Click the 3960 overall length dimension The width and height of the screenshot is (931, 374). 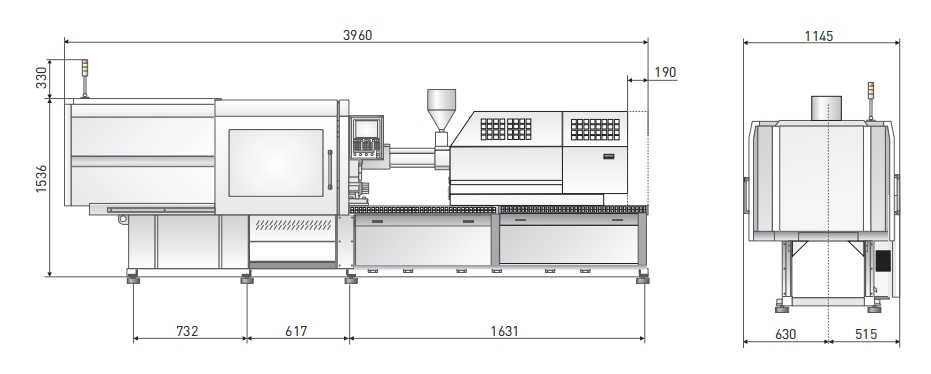click(357, 35)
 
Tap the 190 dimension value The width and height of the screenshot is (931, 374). click(665, 72)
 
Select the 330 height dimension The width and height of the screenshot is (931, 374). click(42, 78)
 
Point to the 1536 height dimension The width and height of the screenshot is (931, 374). click(42, 179)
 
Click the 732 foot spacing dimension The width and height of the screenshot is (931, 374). click(187, 331)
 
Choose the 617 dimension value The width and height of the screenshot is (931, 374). click(296, 331)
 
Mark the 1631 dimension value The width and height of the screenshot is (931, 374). click(504, 331)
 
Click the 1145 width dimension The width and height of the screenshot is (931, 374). click(819, 36)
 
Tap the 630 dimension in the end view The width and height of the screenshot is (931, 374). click(785, 334)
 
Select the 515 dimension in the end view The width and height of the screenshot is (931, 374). click(866, 334)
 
